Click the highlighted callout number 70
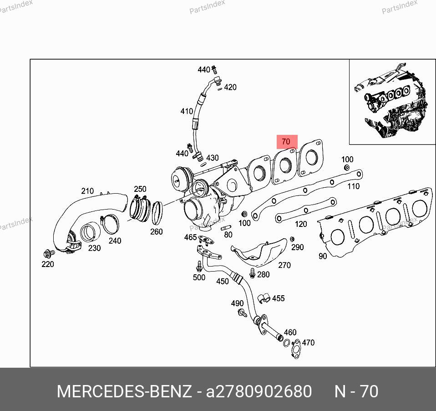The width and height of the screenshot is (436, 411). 286,141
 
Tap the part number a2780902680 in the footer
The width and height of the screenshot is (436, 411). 259,391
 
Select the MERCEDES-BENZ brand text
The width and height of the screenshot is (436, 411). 124,391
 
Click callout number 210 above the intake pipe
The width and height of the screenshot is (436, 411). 87,191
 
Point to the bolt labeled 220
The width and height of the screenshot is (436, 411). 49,254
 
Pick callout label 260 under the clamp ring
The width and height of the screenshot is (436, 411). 156,231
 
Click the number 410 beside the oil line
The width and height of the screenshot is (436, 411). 187,111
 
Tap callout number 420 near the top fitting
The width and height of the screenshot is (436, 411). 230,87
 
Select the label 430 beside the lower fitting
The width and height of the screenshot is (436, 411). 212,158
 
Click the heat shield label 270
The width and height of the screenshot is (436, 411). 284,265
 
